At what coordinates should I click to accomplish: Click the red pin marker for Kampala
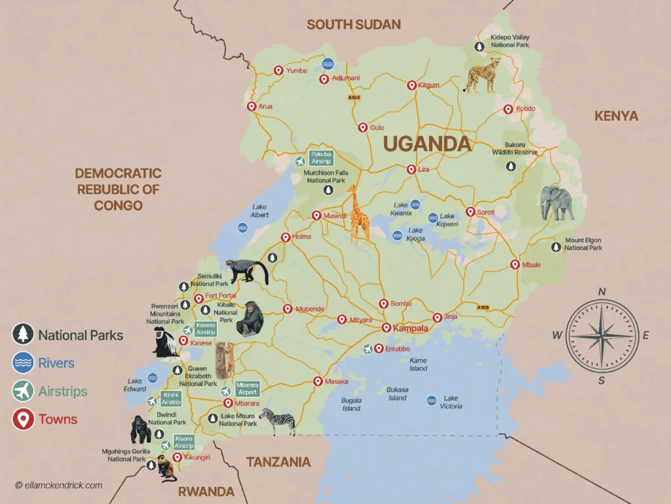(x=386, y=328)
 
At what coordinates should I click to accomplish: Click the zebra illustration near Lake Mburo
(x=278, y=421)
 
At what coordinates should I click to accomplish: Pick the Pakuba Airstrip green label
(x=322, y=157)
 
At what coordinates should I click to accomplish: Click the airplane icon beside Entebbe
(x=368, y=348)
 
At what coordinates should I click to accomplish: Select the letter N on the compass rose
(x=602, y=292)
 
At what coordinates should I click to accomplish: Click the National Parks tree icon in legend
(x=23, y=335)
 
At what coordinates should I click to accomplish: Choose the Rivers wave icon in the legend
(x=23, y=363)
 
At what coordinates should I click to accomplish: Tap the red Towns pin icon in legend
(x=23, y=419)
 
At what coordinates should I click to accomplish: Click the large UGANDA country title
(x=427, y=144)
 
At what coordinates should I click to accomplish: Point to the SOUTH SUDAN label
(x=353, y=25)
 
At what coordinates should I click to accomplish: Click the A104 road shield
(x=354, y=98)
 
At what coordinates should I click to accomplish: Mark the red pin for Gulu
(x=362, y=128)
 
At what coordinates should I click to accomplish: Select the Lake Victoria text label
(x=451, y=402)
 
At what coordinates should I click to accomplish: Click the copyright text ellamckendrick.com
(x=59, y=485)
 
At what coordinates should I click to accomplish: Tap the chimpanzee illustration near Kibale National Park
(x=250, y=318)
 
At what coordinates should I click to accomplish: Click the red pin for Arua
(x=251, y=107)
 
